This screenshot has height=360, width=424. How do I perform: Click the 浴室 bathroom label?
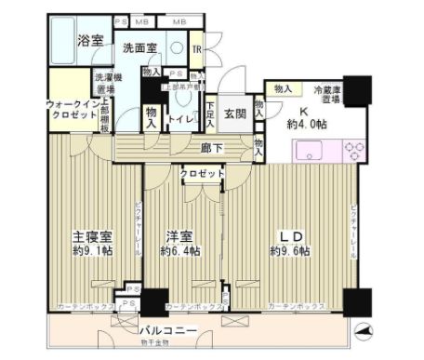(89, 41)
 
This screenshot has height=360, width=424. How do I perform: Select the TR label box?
(197, 49)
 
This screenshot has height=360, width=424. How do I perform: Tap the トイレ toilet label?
(179, 118)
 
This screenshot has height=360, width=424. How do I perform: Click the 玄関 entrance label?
(233, 113)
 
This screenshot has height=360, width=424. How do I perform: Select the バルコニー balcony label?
(168, 329)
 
